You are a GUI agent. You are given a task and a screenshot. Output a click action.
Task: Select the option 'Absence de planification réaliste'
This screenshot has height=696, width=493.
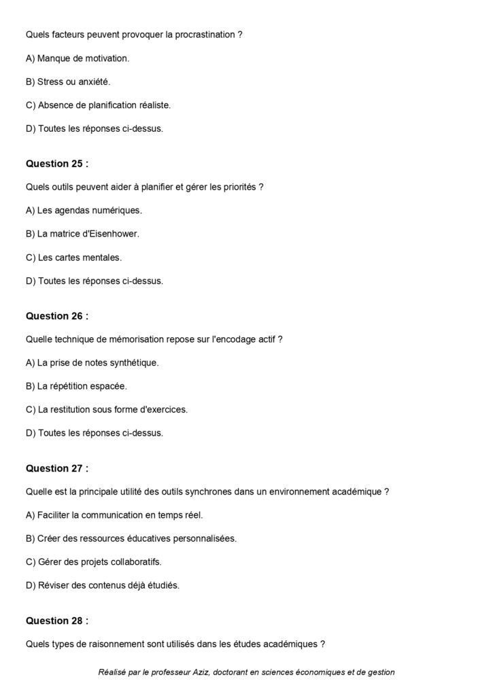[98, 105]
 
